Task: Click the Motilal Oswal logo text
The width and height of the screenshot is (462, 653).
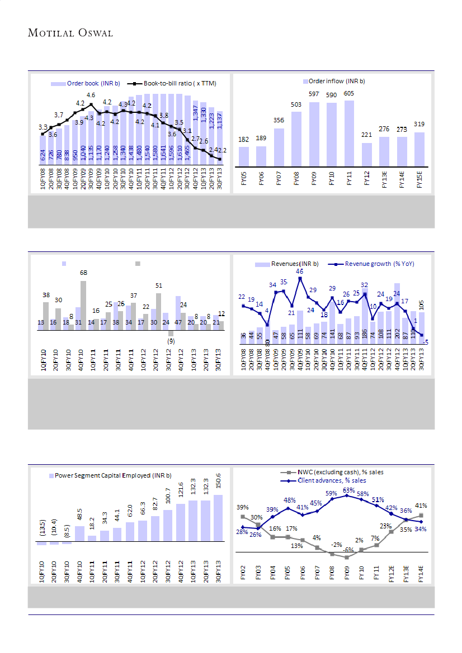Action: click(70, 33)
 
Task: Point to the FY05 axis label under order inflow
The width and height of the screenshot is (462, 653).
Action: click(244, 182)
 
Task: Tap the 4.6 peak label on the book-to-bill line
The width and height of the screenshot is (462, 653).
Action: click(90, 96)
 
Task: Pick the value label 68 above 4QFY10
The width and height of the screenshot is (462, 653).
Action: click(83, 273)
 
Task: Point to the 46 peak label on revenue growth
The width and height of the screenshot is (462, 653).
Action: click(300, 271)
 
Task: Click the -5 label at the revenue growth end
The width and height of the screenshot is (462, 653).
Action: click(426, 342)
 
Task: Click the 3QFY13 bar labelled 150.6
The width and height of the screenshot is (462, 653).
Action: click(218, 518)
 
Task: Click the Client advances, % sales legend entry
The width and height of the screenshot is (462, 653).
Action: click(323, 480)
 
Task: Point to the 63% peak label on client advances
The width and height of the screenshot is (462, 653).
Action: click(347, 490)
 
